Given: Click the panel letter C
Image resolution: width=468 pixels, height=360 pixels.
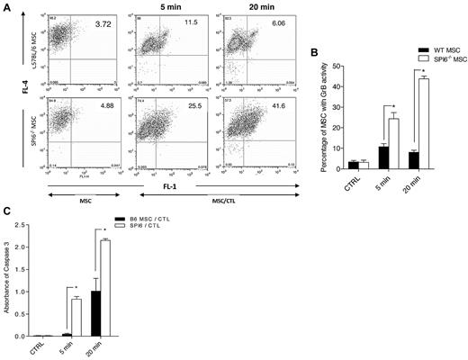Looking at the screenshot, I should pos(6,212).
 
